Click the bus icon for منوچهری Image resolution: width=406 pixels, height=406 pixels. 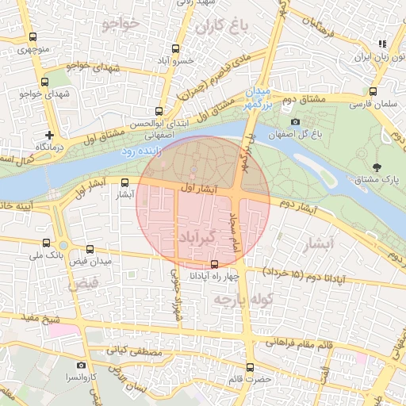(x=33, y=37)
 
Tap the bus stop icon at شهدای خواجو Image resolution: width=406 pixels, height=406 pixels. (x=44, y=81)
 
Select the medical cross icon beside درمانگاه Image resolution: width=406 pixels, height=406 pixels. (x=51, y=136)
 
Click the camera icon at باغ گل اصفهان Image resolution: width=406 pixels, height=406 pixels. (x=296, y=121)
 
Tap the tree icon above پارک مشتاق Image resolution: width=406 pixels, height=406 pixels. (x=376, y=167)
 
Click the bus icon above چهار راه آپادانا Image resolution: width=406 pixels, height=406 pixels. (x=214, y=265)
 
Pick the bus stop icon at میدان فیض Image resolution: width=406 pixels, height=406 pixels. (x=90, y=249)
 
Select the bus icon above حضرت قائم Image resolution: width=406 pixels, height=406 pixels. (x=251, y=367)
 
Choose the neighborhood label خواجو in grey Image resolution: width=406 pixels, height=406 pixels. (x=121, y=24)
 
